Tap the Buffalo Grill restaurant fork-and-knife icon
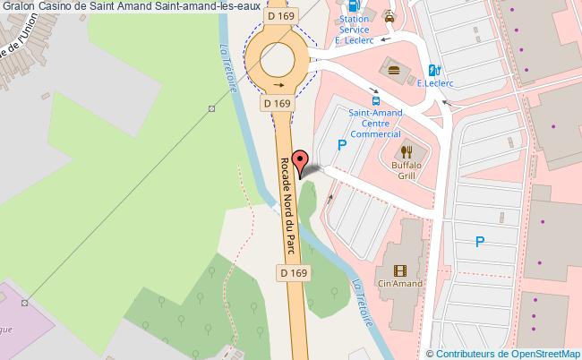point(405,151)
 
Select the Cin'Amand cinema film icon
point(399,270)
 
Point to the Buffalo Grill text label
point(405,171)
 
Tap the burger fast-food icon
point(392,68)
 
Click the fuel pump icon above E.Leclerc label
point(434,69)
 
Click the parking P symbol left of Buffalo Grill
point(340,145)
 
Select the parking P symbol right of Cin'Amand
point(480,241)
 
